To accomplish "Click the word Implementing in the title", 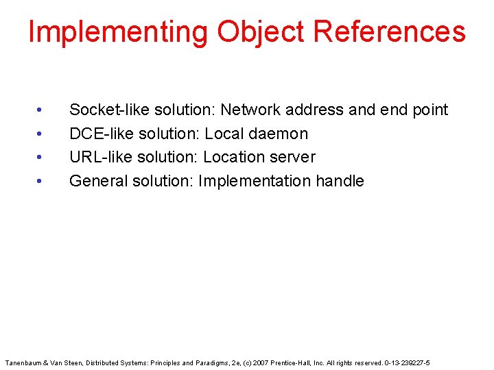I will [118, 32].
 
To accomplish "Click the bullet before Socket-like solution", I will [41, 110].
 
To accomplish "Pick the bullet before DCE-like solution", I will [41, 134].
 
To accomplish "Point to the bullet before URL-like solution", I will [41, 157].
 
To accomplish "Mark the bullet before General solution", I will [41, 181].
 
